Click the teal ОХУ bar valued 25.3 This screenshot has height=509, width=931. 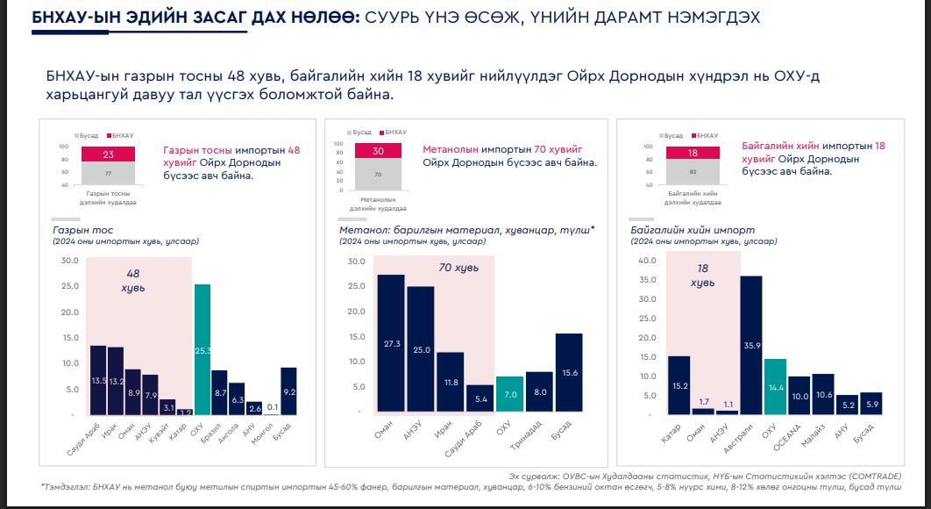[x=202, y=349]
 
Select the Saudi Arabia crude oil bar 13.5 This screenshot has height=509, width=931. [x=98, y=380]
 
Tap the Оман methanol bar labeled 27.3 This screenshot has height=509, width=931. [x=390, y=343]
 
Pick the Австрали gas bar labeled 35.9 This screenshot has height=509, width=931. [x=750, y=344]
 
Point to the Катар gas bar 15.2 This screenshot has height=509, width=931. [x=679, y=384]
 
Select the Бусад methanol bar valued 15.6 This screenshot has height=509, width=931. [x=569, y=372]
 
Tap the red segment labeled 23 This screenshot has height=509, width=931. [x=109, y=154]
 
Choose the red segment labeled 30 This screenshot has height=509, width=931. [x=378, y=151]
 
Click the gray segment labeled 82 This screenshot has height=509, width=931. [x=692, y=172]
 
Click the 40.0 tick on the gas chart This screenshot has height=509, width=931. [x=647, y=261]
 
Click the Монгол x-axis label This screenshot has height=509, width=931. [x=263, y=435]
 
